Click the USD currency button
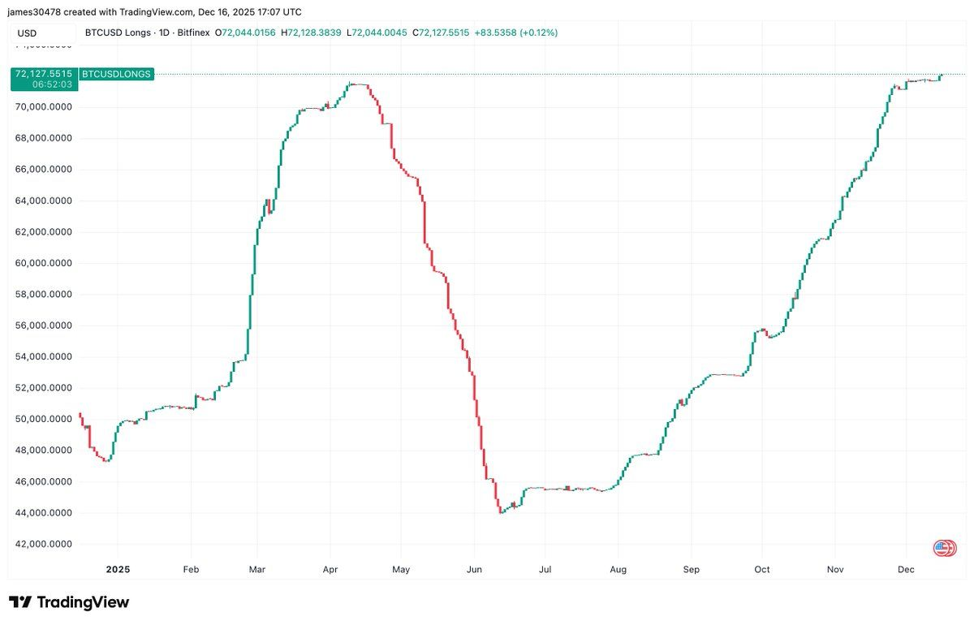coord(28,33)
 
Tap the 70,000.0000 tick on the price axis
coord(45,107)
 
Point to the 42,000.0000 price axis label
coord(45,544)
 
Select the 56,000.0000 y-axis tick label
coord(45,325)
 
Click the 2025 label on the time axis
coord(118,570)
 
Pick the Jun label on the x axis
coord(474,570)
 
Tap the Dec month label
coord(907,570)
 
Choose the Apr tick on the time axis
coord(330,570)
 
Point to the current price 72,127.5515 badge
coord(45,74)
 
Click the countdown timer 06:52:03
coord(53,84)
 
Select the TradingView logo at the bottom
coord(69,602)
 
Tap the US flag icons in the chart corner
coord(945,548)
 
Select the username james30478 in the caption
coord(37,12)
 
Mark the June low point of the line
coord(501,513)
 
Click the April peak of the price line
coord(351,84)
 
